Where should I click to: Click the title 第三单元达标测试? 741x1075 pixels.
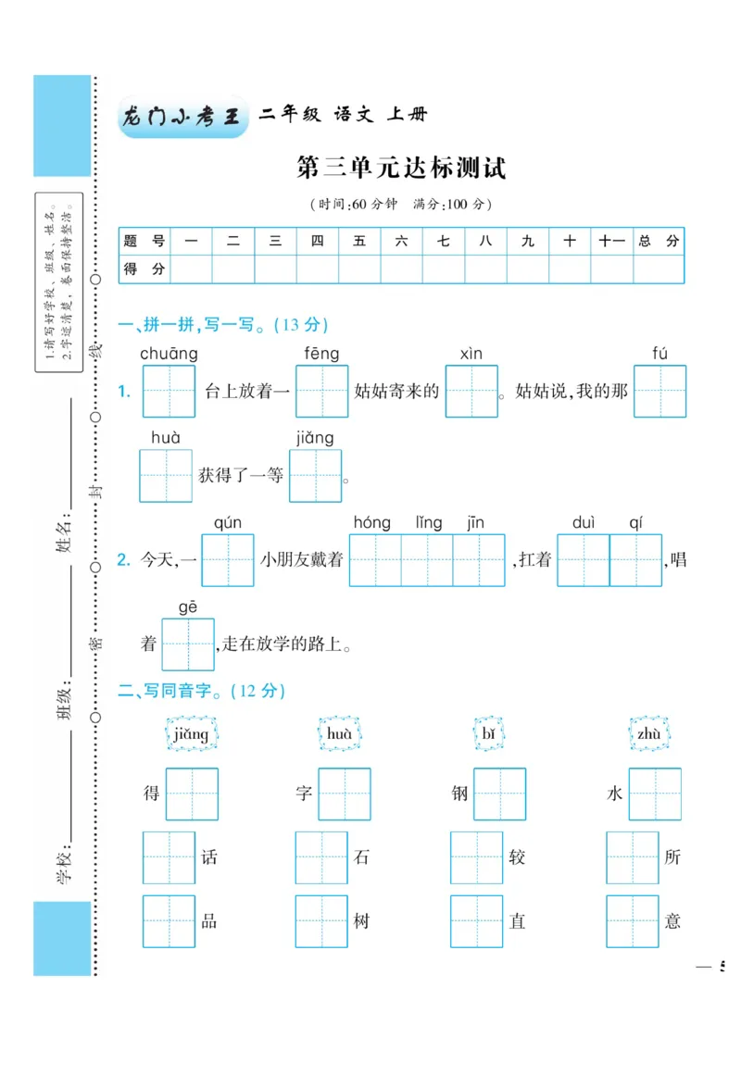pyautogui.click(x=401, y=169)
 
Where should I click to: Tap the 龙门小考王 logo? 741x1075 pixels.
pyautogui.click(x=182, y=118)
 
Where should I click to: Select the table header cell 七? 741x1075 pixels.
pyautogui.click(x=444, y=241)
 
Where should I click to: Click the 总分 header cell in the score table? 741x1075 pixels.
pyautogui.click(x=659, y=241)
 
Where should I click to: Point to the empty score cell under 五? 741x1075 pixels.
pyautogui.click(x=359, y=269)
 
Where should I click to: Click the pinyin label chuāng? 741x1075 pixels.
pyautogui.click(x=169, y=354)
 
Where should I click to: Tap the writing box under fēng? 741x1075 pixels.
pyautogui.click(x=321, y=392)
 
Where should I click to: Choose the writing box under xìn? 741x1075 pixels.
pyautogui.click(x=471, y=392)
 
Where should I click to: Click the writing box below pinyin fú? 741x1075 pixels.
pyautogui.click(x=659, y=392)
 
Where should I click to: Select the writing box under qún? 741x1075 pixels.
pyautogui.click(x=228, y=560)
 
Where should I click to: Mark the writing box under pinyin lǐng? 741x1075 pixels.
pyautogui.click(x=427, y=560)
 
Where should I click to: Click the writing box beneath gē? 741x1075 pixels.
pyautogui.click(x=188, y=644)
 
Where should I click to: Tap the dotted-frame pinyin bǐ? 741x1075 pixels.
pyautogui.click(x=490, y=734)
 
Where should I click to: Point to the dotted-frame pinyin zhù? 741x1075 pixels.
pyautogui.click(x=648, y=734)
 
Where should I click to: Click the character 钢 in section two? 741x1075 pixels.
pyautogui.click(x=460, y=794)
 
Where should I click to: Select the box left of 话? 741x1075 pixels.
pyautogui.click(x=170, y=857)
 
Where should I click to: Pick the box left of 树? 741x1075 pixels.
pyautogui.click(x=321, y=921)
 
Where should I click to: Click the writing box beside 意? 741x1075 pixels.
pyautogui.click(x=633, y=921)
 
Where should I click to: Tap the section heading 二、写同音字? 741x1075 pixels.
pyautogui.click(x=201, y=691)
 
